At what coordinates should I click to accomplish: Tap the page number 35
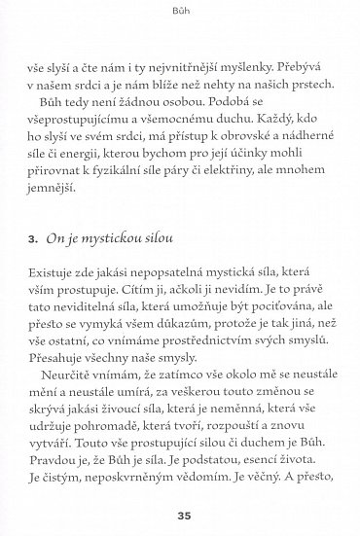[x=180, y=515]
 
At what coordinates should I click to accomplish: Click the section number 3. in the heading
[x=33, y=236]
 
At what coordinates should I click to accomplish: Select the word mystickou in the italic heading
[x=106, y=236]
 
